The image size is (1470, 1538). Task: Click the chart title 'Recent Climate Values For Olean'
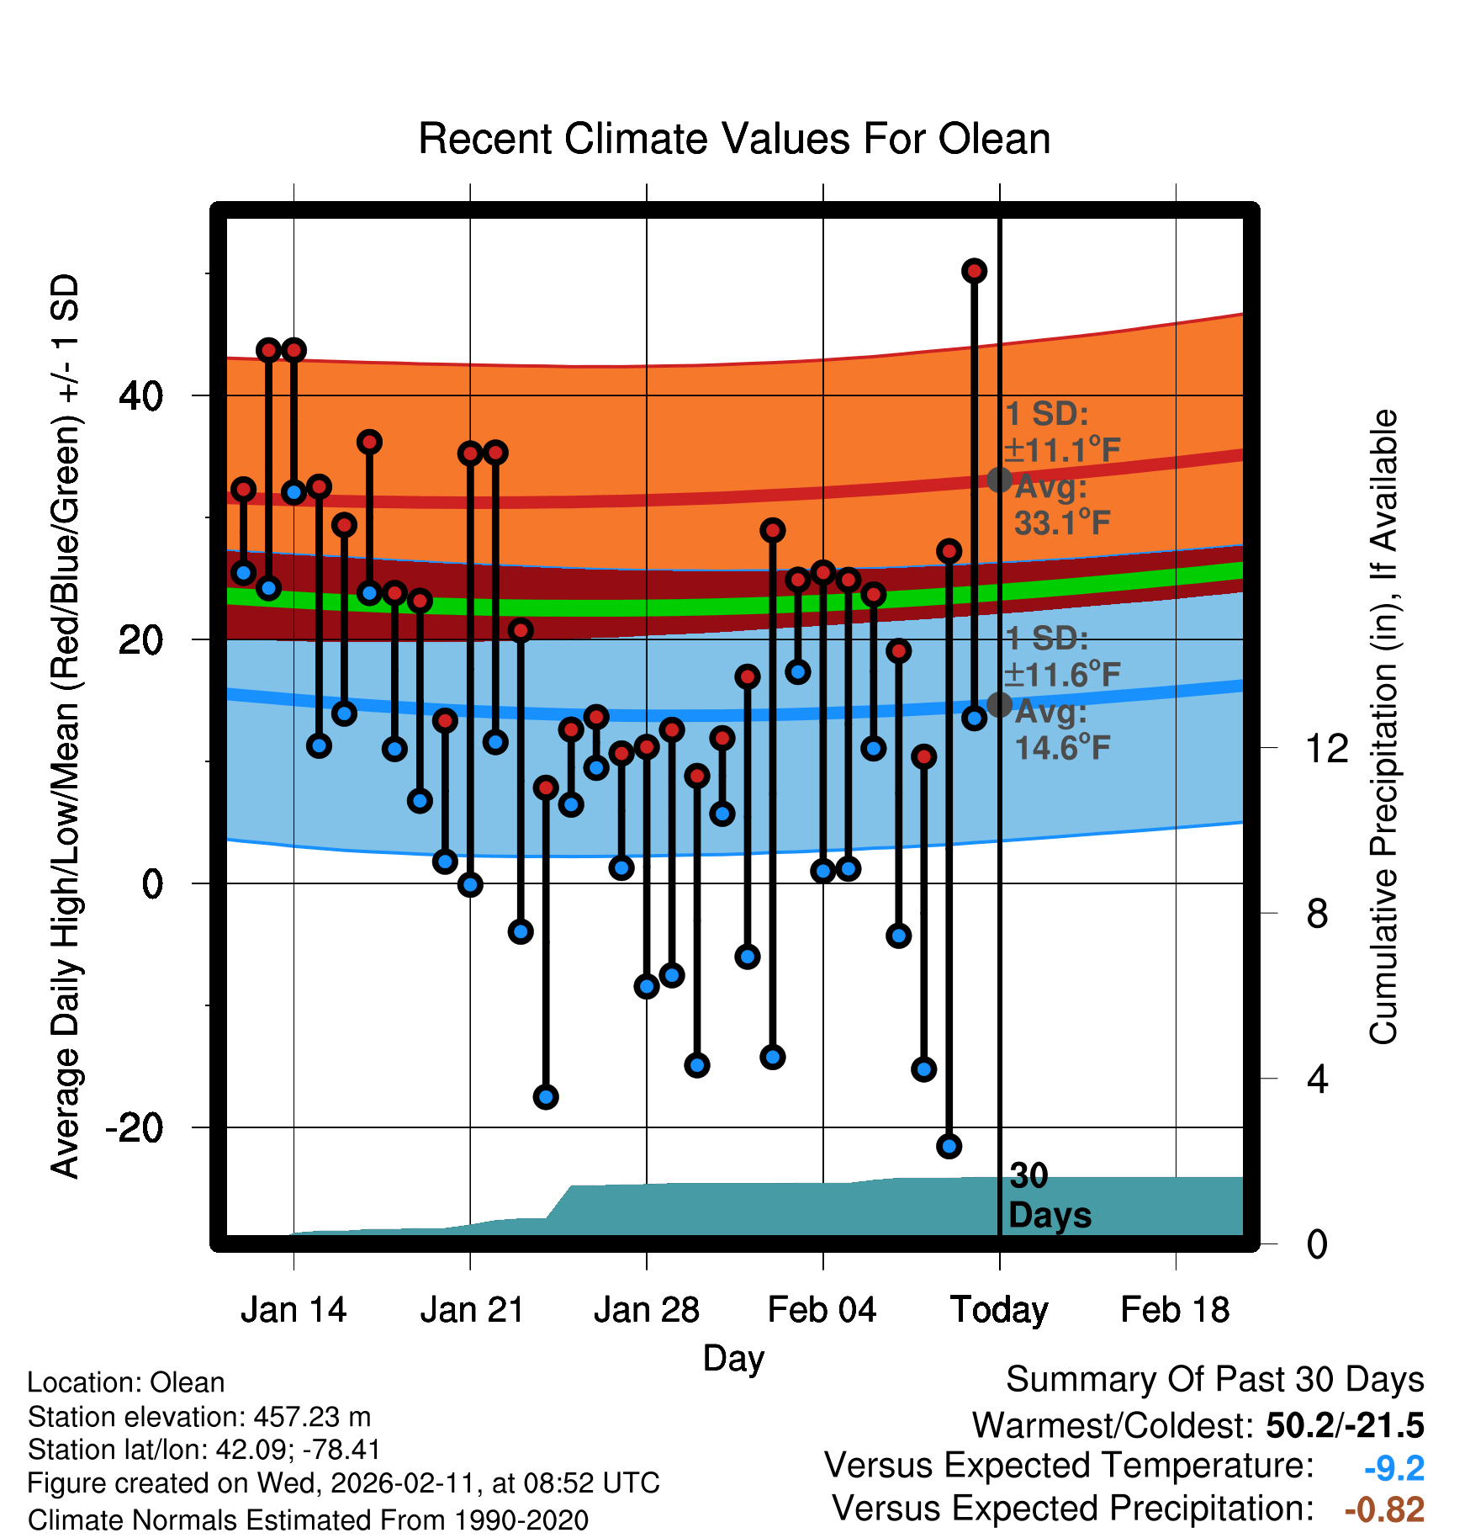point(734,140)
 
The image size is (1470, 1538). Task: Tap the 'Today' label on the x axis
point(999,1310)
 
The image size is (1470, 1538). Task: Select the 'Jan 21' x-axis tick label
point(472,1310)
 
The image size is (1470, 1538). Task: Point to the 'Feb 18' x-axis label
point(1175,1310)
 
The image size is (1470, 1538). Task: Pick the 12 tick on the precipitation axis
point(1326,748)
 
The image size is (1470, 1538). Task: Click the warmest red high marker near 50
point(974,271)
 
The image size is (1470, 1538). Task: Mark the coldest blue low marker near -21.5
point(949,1146)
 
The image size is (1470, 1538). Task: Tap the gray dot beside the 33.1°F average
point(999,480)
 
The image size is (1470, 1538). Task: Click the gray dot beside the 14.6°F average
point(999,704)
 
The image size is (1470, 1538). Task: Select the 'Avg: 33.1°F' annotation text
point(1061,506)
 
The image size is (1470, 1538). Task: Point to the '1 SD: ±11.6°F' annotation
point(1061,657)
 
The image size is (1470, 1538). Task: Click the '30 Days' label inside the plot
point(1049,1196)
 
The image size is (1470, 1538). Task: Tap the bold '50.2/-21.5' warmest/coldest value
point(1345,1425)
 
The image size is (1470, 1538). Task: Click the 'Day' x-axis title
point(733,1358)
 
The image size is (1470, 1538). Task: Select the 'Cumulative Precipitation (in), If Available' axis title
point(1383,727)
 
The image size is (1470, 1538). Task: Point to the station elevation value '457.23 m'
point(312,1417)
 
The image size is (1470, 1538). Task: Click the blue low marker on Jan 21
point(470,884)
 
